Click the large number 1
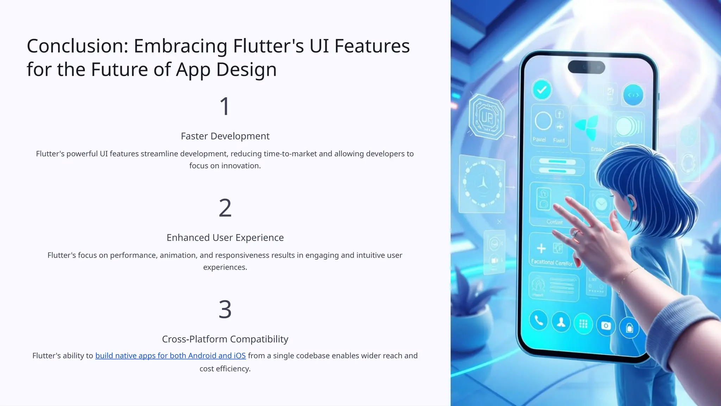coord(225,106)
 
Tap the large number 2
coord(225,208)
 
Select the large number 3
coord(225,309)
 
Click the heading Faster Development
coord(225,136)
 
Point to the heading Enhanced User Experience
coord(225,238)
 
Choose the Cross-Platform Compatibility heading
coord(225,339)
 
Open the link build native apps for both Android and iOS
coord(170,356)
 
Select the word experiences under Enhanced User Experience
coord(225,267)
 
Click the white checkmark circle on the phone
coord(542,90)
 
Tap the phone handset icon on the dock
coord(539,320)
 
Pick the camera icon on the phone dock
coord(606,326)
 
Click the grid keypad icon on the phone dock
coord(583,324)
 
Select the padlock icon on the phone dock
coord(629,328)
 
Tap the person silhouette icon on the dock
coord(561,322)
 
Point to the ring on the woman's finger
coord(575,233)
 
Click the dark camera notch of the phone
coord(586,67)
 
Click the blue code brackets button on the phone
coord(633,95)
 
